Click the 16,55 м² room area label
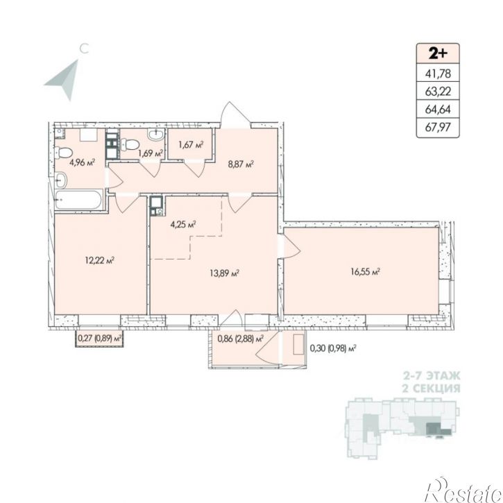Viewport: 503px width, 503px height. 366,272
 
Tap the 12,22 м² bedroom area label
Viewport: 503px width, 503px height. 100,260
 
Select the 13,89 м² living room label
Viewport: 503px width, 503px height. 225,273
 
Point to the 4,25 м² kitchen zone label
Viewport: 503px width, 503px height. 183,224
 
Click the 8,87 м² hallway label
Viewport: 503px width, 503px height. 241,165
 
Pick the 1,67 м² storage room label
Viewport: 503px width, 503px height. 191,145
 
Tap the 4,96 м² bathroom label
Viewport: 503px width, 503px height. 82,162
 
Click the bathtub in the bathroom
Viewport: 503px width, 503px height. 78,200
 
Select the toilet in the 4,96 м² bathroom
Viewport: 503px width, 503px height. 62,153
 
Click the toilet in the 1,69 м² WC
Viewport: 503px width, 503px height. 130,144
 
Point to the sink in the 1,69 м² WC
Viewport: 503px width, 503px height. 156,134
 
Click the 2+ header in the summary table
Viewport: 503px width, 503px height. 438,53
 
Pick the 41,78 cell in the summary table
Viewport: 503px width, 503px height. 438,74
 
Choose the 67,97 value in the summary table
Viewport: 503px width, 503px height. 438,128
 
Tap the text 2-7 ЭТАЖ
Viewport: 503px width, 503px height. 432,375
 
